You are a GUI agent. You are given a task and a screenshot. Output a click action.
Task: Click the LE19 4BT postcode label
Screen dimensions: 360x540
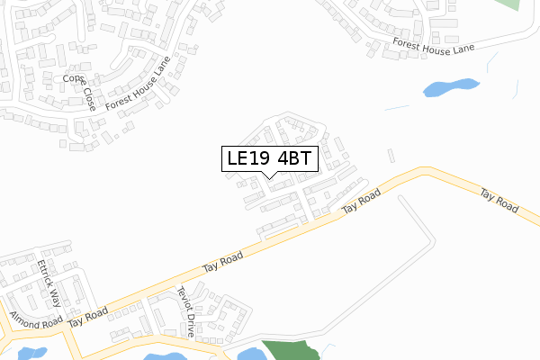click(267, 158)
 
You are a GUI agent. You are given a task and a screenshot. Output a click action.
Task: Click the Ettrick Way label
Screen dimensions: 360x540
click(49, 283)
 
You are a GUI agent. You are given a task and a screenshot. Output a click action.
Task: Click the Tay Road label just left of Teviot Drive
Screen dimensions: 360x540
click(222, 262)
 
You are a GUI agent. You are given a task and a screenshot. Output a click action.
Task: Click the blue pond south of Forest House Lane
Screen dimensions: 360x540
click(449, 87)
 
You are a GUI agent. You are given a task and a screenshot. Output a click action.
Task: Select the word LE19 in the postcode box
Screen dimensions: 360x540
click(247, 158)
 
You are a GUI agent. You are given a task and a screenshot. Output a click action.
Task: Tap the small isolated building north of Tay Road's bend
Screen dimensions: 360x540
click(390, 156)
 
